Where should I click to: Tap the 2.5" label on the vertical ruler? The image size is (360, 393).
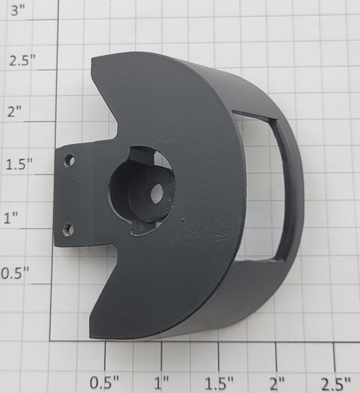pyautogui.click(x=23, y=62)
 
